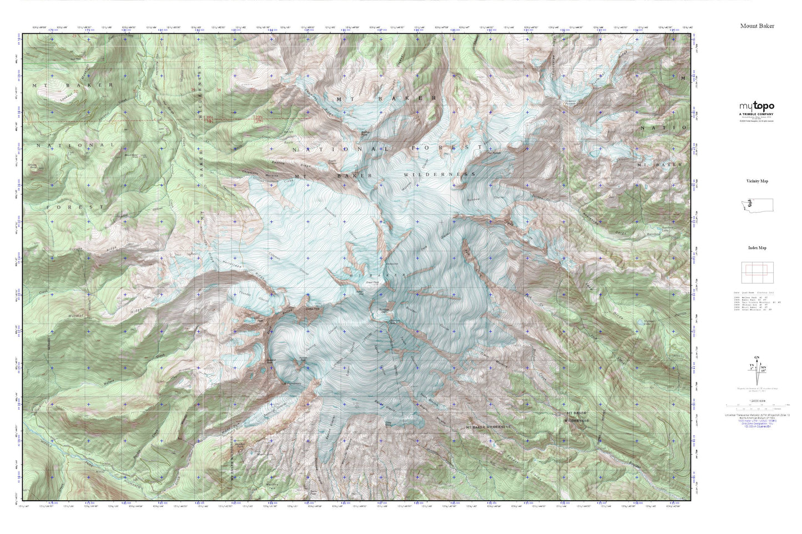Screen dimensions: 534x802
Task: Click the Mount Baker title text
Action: (756, 26)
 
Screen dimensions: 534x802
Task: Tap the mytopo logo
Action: (756, 106)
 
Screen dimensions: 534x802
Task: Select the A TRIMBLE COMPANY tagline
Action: (756, 114)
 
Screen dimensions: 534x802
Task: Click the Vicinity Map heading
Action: (757, 181)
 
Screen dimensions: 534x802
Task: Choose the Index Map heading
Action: (757, 248)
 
